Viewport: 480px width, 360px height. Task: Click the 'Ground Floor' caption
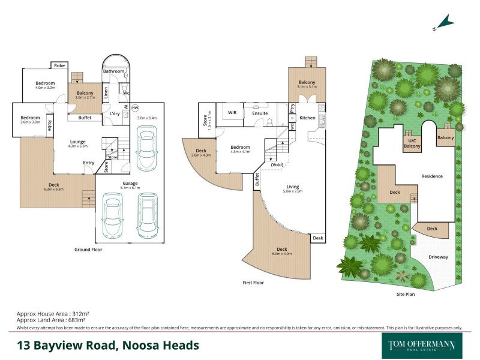coord(91,248)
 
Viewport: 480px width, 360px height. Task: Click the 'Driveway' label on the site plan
coord(438,256)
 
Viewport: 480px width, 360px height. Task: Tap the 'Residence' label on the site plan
coord(432,176)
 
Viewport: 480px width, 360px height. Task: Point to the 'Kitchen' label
coord(307,118)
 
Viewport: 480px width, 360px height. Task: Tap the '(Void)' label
coord(277,164)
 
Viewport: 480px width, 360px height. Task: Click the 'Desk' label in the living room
coord(317,238)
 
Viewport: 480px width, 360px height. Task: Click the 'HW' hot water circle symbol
coord(135,107)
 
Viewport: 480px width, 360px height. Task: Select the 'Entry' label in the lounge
coord(89,163)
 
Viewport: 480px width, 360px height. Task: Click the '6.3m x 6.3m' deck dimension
coord(54,189)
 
